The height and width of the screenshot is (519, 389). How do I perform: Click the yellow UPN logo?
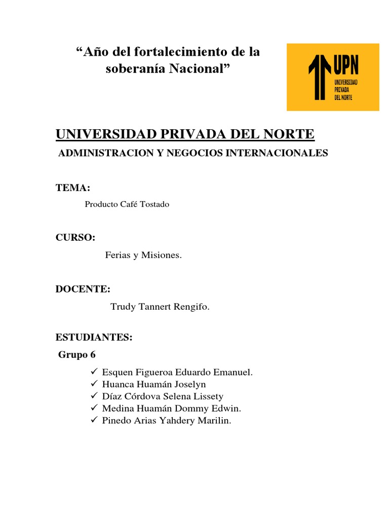[x=333, y=77]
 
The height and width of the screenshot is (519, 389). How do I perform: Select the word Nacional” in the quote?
[x=201, y=68]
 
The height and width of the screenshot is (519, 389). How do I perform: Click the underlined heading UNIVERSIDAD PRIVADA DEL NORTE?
[x=185, y=134]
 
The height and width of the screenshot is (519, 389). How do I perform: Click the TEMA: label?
[x=73, y=189]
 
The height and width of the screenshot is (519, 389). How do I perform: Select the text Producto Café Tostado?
[x=127, y=204]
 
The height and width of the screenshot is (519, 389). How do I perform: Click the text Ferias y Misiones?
[x=143, y=255]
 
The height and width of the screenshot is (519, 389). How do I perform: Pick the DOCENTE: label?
[x=83, y=289]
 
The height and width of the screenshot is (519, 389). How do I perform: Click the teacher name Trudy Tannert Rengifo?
[x=160, y=307]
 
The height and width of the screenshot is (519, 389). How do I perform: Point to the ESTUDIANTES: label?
[x=94, y=338]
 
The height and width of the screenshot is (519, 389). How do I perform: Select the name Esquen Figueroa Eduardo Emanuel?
[x=177, y=373]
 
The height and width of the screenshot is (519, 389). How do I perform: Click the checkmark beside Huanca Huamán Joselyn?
[x=94, y=384]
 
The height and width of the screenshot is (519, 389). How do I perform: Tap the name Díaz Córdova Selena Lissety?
[x=163, y=396]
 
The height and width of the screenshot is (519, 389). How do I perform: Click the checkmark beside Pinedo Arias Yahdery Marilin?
[x=94, y=420]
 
